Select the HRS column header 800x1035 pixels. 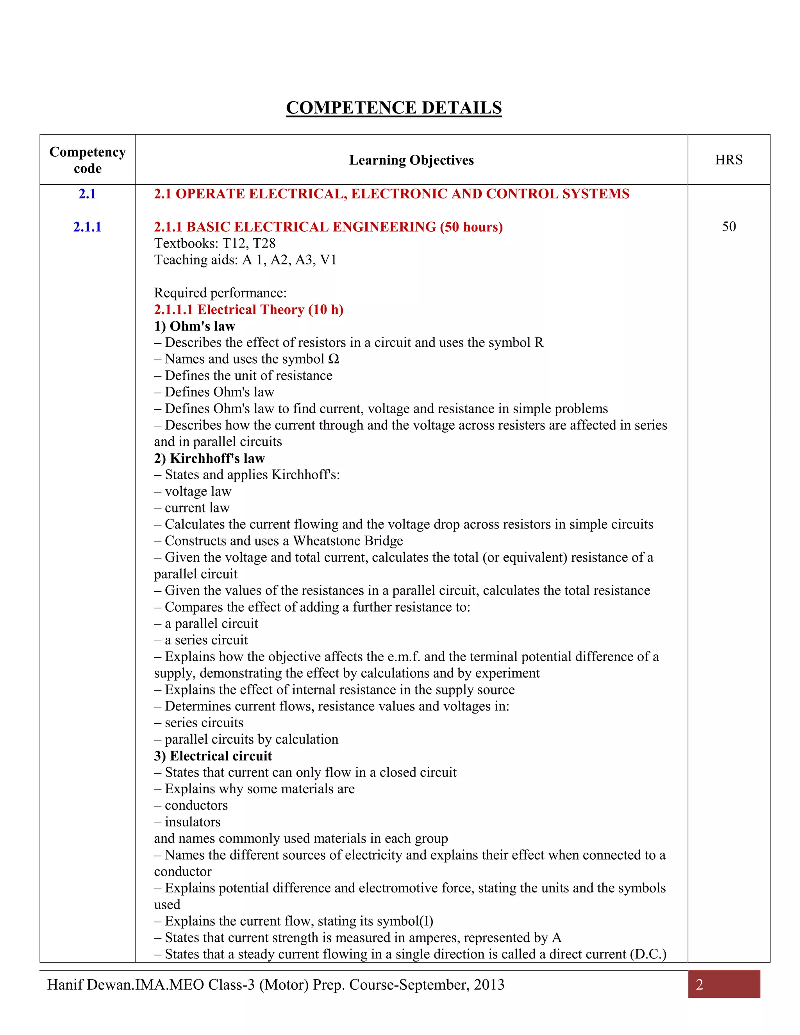tap(729, 160)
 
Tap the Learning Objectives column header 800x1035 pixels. tap(411, 160)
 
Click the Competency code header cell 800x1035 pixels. tap(87, 160)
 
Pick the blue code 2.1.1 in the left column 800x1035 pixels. tap(87, 227)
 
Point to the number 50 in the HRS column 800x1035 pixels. tap(729, 227)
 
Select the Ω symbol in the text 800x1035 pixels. tap(334, 359)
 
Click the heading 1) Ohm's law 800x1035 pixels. tap(194, 326)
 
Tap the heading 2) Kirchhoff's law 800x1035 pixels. tap(209, 458)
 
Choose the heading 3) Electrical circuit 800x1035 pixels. tap(213, 756)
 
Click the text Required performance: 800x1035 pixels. tap(220, 293)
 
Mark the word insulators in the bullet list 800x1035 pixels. tap(193, 822)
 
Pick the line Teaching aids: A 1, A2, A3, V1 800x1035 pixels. tap(245, 260)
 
